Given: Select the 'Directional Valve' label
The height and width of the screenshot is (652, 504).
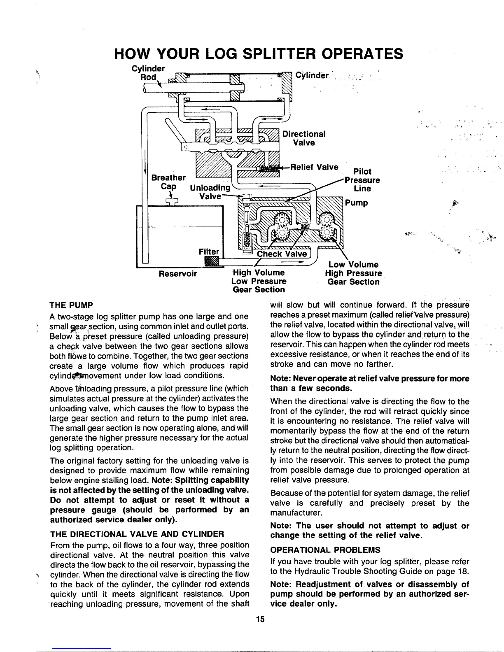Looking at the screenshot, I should coord(304,138).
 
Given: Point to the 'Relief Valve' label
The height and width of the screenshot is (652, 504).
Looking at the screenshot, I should coord(314,167).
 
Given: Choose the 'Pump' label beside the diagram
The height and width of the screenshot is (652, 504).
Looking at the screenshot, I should coord(357,203).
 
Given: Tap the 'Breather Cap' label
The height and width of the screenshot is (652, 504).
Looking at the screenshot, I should coord(168,182).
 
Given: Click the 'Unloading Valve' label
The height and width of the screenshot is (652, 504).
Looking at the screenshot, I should coord(210,192).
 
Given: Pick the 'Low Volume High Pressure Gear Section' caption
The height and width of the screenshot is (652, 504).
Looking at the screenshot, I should coord(353,273).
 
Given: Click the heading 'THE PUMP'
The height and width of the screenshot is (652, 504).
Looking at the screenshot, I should coord(71,305).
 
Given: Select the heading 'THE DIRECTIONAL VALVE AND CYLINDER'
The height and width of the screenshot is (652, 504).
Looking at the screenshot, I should coord(136,534).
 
